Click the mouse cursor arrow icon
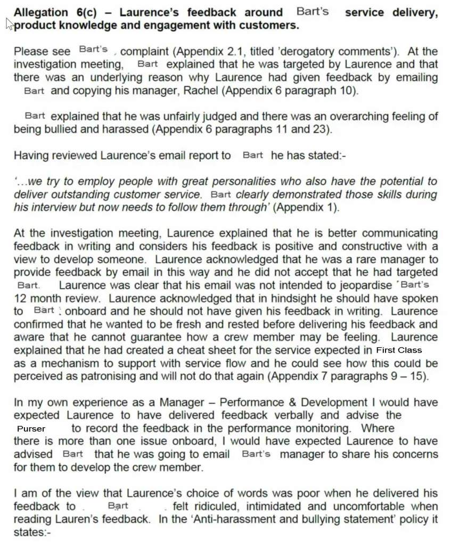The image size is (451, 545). (x=9, y=23)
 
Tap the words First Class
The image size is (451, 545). (x=398, y=351)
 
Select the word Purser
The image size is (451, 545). (x=31, y=428)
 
